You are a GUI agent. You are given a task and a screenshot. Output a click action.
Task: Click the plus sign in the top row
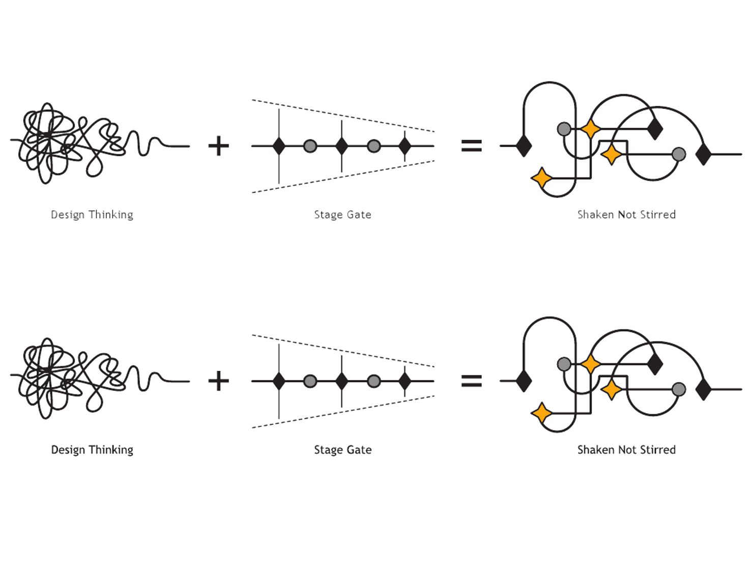coord(219,146)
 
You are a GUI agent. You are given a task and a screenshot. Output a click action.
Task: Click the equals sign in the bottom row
coord(471,381)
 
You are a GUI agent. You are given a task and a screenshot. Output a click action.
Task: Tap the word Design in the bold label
coord(68,450)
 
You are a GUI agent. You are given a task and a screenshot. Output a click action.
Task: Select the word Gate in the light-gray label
coord(359,215)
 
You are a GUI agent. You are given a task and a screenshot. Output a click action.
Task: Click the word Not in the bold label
coord(627,450)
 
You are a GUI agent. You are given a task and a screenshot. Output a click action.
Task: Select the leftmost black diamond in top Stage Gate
coord(279,146)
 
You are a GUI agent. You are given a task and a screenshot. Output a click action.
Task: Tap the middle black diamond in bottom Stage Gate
coord(342,381)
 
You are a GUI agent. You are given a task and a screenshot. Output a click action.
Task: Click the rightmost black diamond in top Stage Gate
coord(405,146)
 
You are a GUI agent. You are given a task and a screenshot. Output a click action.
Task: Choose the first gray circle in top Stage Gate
coord(310,147)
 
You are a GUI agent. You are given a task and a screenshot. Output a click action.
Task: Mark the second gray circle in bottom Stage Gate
coord(373,381)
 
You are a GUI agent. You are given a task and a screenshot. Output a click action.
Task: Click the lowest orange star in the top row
coord(542,178)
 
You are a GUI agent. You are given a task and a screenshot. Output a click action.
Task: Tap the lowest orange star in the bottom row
coord(542,413)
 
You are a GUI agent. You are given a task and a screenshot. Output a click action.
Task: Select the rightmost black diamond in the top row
coord(703,154)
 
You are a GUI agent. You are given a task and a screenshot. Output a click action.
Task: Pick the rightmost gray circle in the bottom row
coord(679,389)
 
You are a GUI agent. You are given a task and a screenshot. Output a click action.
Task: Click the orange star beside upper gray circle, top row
coord(590,129)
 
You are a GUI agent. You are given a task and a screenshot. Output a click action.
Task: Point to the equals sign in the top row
coord(471,146)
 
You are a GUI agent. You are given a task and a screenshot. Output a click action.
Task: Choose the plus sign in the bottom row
coord(219,381)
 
